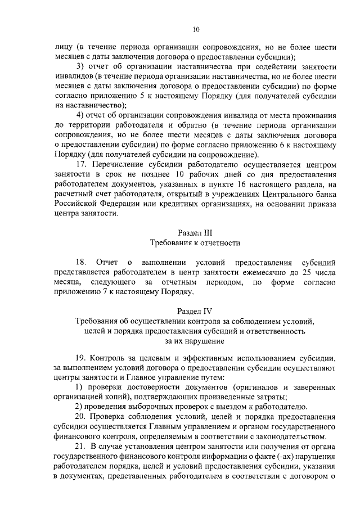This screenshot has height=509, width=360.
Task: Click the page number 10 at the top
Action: [x=195, y=29]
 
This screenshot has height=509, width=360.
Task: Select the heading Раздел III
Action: [x=195, y=232]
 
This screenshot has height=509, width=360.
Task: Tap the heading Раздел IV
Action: [x=195, y=310]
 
